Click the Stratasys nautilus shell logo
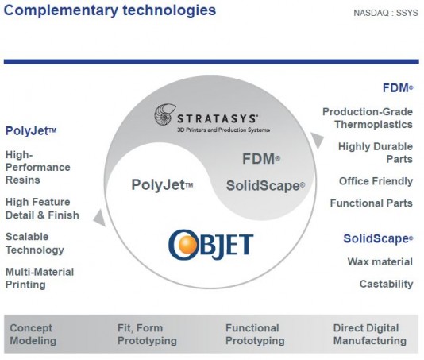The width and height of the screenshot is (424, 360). point(165,114)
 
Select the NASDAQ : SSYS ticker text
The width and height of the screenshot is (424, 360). point(386,13)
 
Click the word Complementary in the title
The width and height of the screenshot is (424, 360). point(61,11)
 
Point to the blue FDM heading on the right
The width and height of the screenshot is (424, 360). point(398,88)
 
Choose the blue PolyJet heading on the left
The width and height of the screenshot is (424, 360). point(31,131)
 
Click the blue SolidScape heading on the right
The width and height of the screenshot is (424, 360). point(378,238)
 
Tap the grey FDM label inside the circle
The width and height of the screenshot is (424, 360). point(261,159)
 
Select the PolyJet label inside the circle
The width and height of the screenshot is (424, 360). point(162,185)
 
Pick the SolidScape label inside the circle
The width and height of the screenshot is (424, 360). point(265,186)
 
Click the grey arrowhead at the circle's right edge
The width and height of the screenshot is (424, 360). point(317,140)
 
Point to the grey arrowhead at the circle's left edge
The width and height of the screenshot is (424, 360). point(99,218)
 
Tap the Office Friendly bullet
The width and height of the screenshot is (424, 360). point(376,181)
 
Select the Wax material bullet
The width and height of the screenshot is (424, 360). point(380,261)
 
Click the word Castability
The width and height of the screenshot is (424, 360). point(386,284)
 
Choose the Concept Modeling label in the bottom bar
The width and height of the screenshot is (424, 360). point(33,335)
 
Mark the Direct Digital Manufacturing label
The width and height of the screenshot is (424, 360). point(370,335)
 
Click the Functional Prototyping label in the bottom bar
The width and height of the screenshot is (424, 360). point(255,335)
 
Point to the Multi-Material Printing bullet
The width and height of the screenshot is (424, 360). point(40,278)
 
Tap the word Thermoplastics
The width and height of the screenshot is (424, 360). point(373,125)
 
